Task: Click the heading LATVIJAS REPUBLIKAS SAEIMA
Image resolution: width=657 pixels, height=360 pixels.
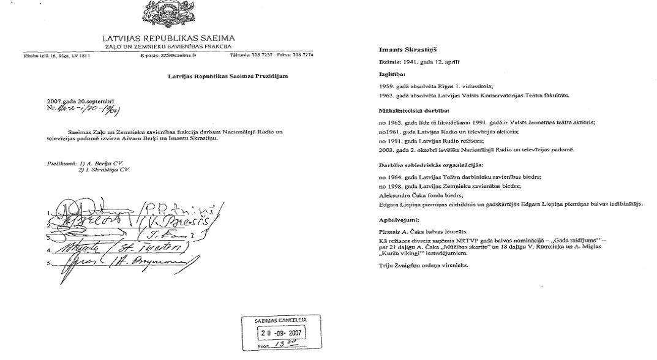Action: (x=169, y=39)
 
